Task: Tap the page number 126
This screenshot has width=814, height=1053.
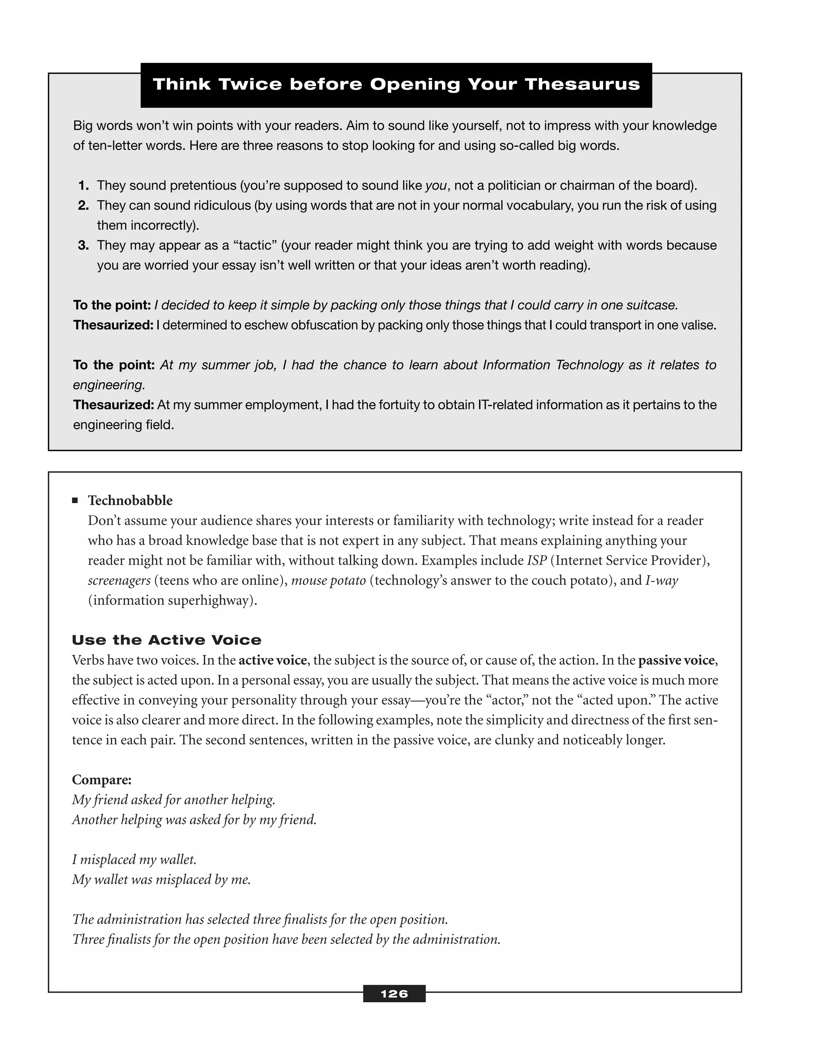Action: pos(394,994)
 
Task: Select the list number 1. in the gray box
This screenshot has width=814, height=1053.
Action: pos(83,186)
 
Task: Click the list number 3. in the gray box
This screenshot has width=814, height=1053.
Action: pos(83,246)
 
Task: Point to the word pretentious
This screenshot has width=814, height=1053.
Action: pos(203,186)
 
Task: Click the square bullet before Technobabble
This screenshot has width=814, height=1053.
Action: pos(75,500)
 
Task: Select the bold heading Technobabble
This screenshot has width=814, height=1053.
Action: pos(130,500)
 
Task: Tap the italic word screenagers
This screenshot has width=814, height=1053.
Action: pos(119,581)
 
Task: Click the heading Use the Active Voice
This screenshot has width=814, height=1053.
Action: pos(167,640)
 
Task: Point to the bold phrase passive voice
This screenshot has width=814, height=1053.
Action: pos(676,660)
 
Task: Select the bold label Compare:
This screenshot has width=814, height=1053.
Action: pos(102,780)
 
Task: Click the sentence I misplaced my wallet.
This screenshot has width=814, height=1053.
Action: pos(134,859)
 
